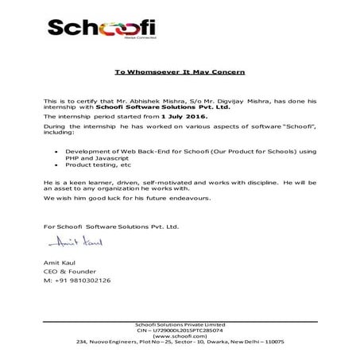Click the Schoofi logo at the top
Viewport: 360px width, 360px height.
pos(101,30)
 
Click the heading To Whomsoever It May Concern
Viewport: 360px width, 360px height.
pos(180,72)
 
